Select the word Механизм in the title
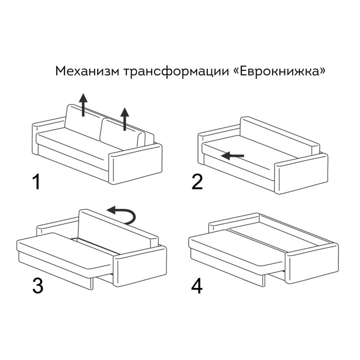click(x=88, y=70)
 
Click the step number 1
click(x=35, y=182)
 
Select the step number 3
click(x=37, y=286)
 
